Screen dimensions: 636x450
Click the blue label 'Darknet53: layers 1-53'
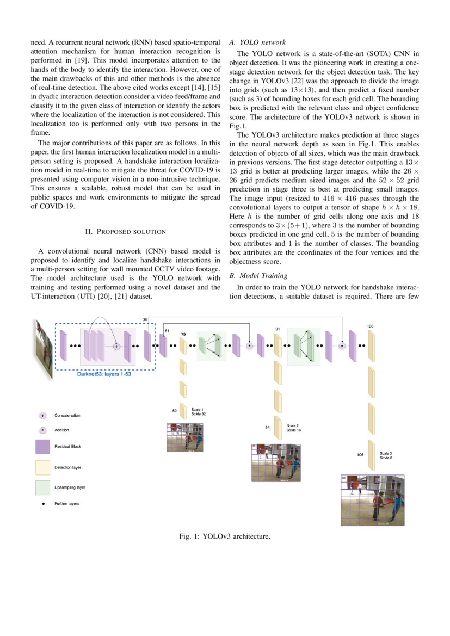[104, 375]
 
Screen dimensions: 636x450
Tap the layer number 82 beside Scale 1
[175, 411]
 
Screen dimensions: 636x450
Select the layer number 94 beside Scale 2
[268, 428]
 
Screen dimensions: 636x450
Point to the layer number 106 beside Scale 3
[360, 455]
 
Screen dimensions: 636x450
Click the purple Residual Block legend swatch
[42, 447]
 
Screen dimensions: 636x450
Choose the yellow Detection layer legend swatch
[42, 467]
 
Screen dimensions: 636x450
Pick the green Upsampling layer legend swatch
[42, 487]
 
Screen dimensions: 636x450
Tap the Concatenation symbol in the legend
[42, 415]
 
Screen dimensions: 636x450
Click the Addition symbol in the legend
[42, 430]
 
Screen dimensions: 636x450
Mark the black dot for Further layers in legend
[42, 504]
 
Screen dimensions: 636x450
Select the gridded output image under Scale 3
[373, 499]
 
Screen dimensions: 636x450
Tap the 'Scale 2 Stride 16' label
[294, 428]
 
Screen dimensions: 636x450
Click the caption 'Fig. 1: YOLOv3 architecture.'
[225, 536]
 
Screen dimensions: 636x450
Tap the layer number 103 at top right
[370, 326]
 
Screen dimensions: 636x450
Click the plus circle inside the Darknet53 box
[116, 345]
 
